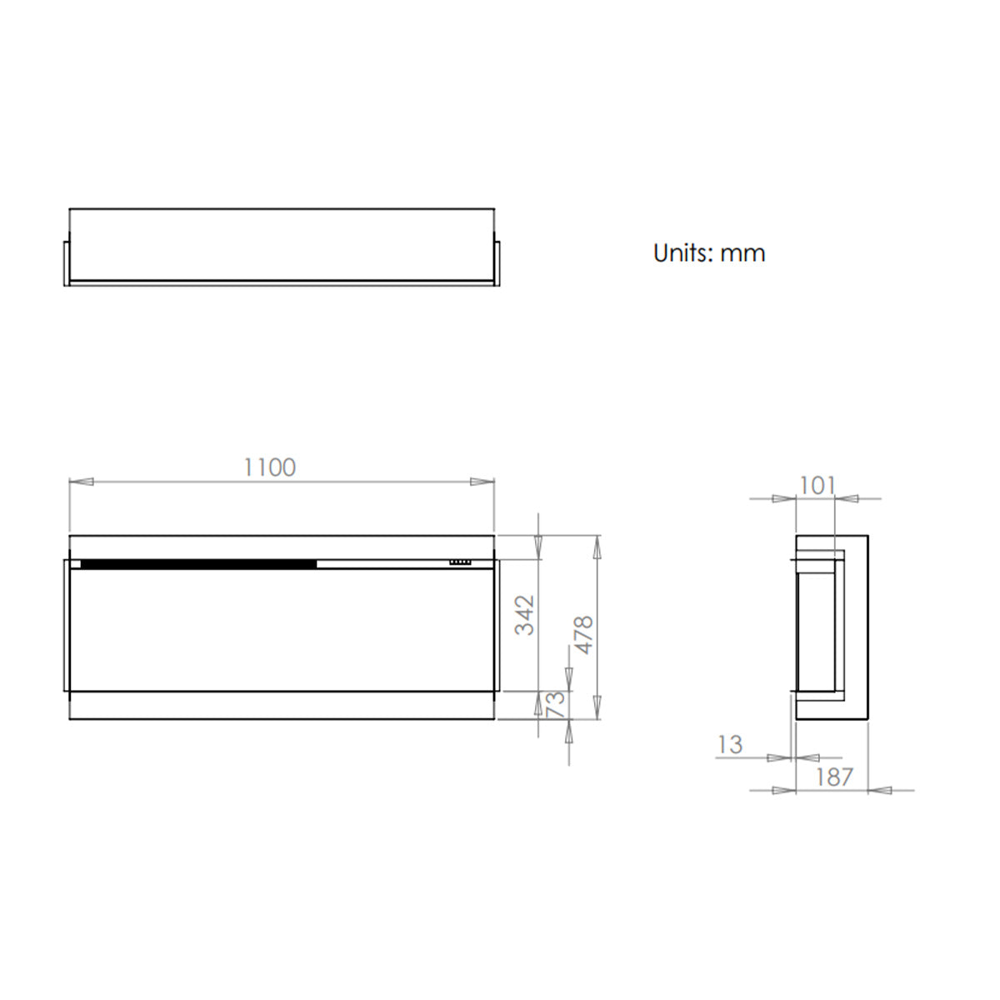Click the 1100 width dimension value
pyautogui.click(x=269, y=467)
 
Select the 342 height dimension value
pyautogui.click(x=525, y=615)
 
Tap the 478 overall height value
pyautogui.click(x=582, y=634)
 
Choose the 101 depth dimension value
pyautogui.click(x=817, y=485)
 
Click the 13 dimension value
pyautogui.click(x=729, y=744)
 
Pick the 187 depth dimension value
pyautogui.click(x=833, y=777)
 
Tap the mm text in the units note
pyautogui.click(x=742, y=253)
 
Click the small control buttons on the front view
pyautogui.click(x=459, y=562)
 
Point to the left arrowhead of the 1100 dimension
pyautogui.click(x=81, y=481)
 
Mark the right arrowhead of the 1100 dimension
pyautogui.click(x=482, y=481)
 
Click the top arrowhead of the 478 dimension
pyautogui.click(x=597, y=546)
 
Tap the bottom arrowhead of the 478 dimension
pyautogui.click(x=597, y=708)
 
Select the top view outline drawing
pyautogui.click(x=282, y=246)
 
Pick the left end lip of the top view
pyautogui.click(x=67, y=262)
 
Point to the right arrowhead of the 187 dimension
pyautogui.click(x=880, y=790)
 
